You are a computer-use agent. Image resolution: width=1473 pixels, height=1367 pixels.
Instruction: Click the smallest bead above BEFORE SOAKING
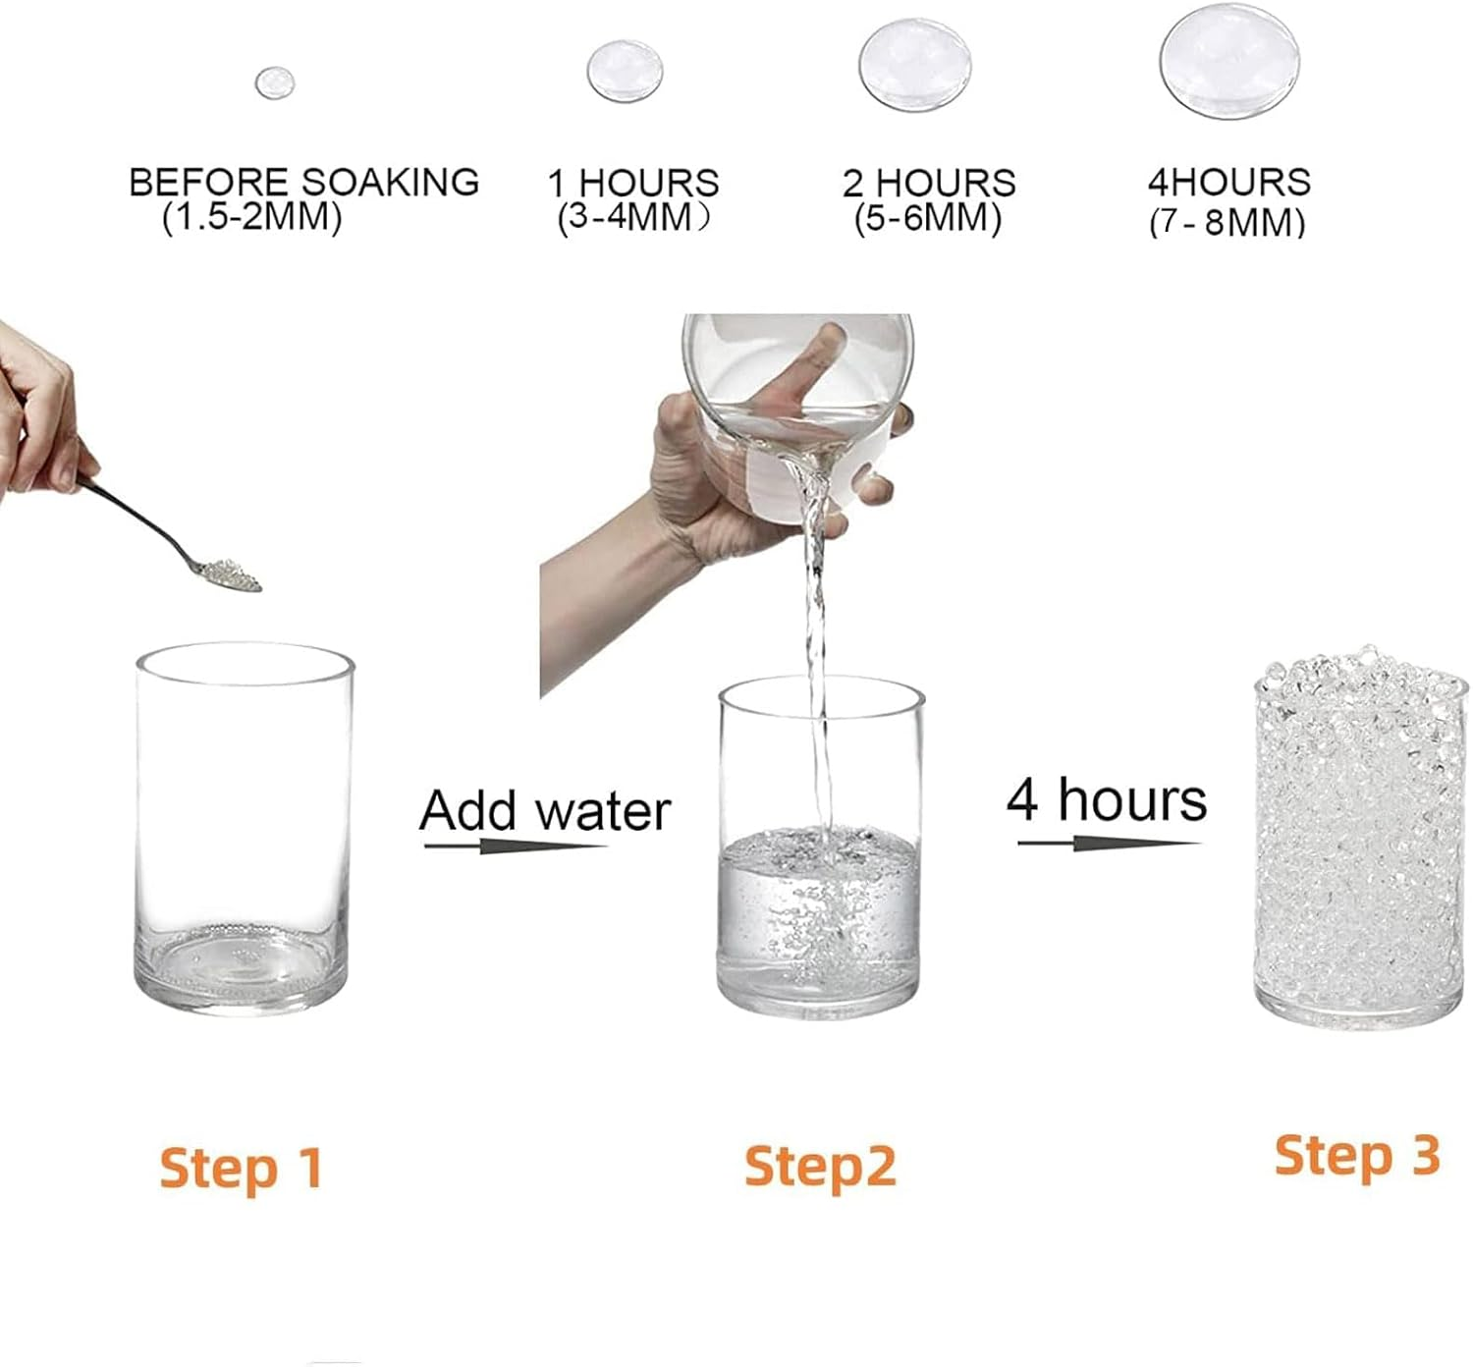click(275, 82)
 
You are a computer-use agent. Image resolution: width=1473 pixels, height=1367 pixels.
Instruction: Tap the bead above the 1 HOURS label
click(625, 72)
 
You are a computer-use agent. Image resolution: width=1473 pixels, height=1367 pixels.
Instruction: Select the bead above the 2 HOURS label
click(915, 66)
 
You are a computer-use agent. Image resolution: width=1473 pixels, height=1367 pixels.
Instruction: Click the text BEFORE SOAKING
click(303, 183)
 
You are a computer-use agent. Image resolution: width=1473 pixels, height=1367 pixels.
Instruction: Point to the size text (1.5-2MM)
click(251, 217)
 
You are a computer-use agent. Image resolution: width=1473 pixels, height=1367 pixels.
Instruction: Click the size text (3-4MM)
click(632, 217)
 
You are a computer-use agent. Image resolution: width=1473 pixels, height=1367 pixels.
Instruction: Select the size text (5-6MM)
click(927, 218)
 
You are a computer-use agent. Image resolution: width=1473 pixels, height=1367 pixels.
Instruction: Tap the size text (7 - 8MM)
click(1227, 223)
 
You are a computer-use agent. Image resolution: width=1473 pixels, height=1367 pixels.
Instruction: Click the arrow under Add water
click(515, 845)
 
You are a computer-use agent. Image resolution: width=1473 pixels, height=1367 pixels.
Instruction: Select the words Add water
click(545, 811)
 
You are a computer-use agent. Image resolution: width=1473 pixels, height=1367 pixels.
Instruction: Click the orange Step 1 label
click(242, 1168)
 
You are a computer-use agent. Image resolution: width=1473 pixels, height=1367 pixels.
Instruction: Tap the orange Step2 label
click(820, 1166)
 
